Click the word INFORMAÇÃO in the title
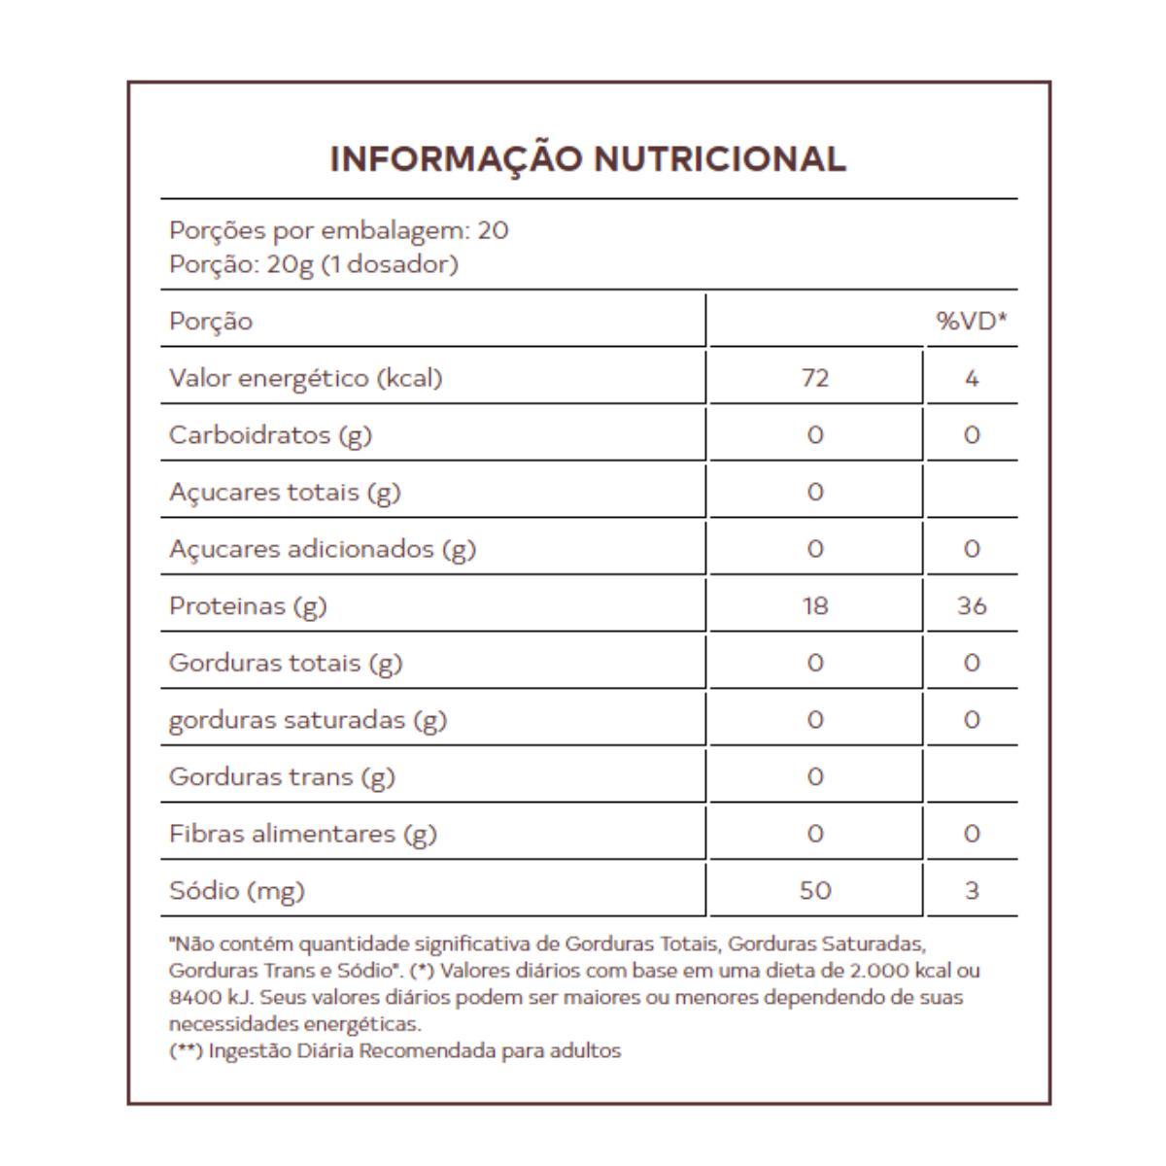click(x=456, y=158)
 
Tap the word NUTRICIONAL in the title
click(x=719, y=158)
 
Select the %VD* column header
click(x=971, y=321)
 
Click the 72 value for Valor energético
click(x=815, y=377)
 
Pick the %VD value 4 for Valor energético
click(x=972, y=377)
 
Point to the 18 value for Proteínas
click(x=815, y=605)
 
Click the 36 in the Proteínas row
click(x=972, y=605)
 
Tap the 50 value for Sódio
click(x=815, y=890)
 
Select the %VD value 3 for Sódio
click(x=972, y=890)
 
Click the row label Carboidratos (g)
click(x=270, y=434)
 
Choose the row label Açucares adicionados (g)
click(x=322, y=549)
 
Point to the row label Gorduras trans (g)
click(x=282, y=776)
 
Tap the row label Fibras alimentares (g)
click(x=302, y=834)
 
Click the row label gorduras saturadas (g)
click(x=307, y=720)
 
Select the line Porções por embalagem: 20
click(x=338, y=230)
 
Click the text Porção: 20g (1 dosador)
click(x=313, y=264)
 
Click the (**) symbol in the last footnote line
click(x=186, y=1050)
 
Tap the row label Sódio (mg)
click(x=236, y=890)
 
